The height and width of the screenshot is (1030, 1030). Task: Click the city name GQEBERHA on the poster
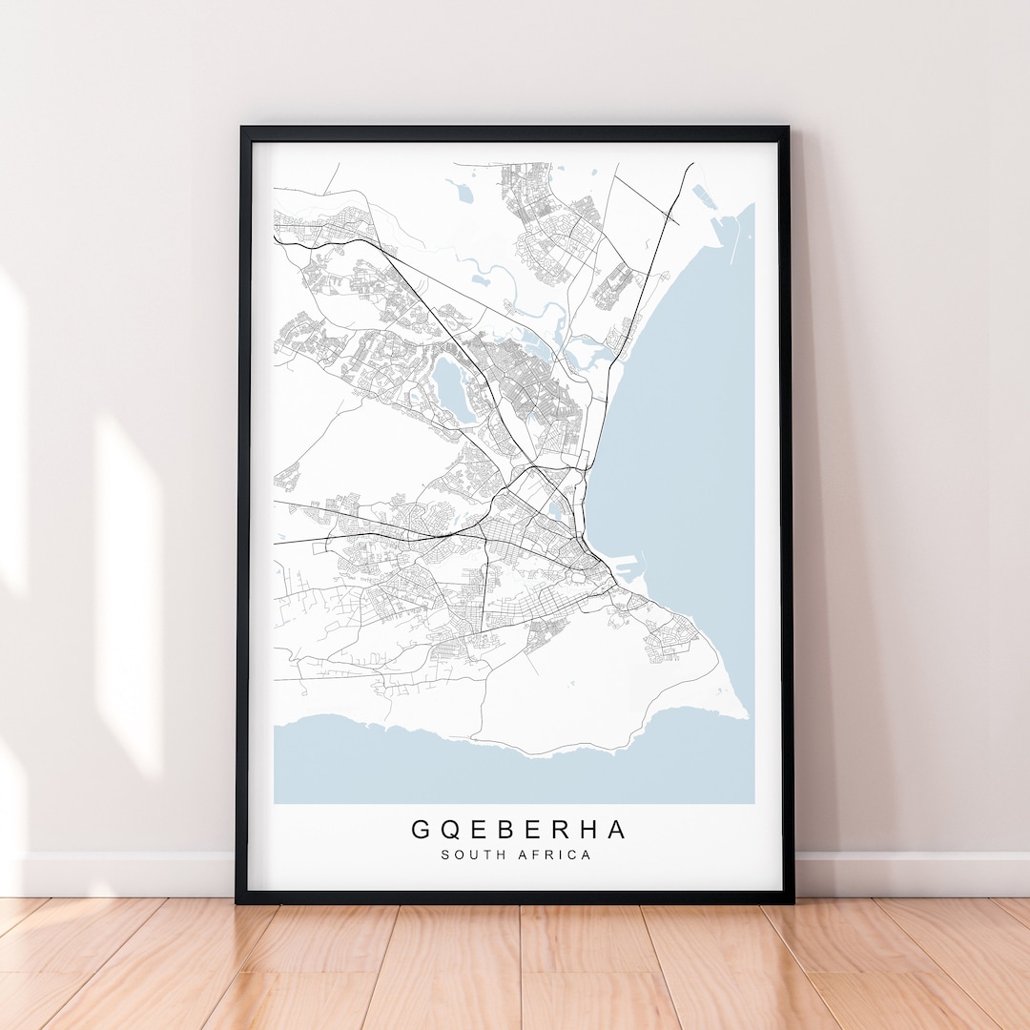point(520,830)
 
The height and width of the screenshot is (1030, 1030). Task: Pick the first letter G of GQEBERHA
point(421,830)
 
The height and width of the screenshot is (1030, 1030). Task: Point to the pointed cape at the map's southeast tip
point(745,711)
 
